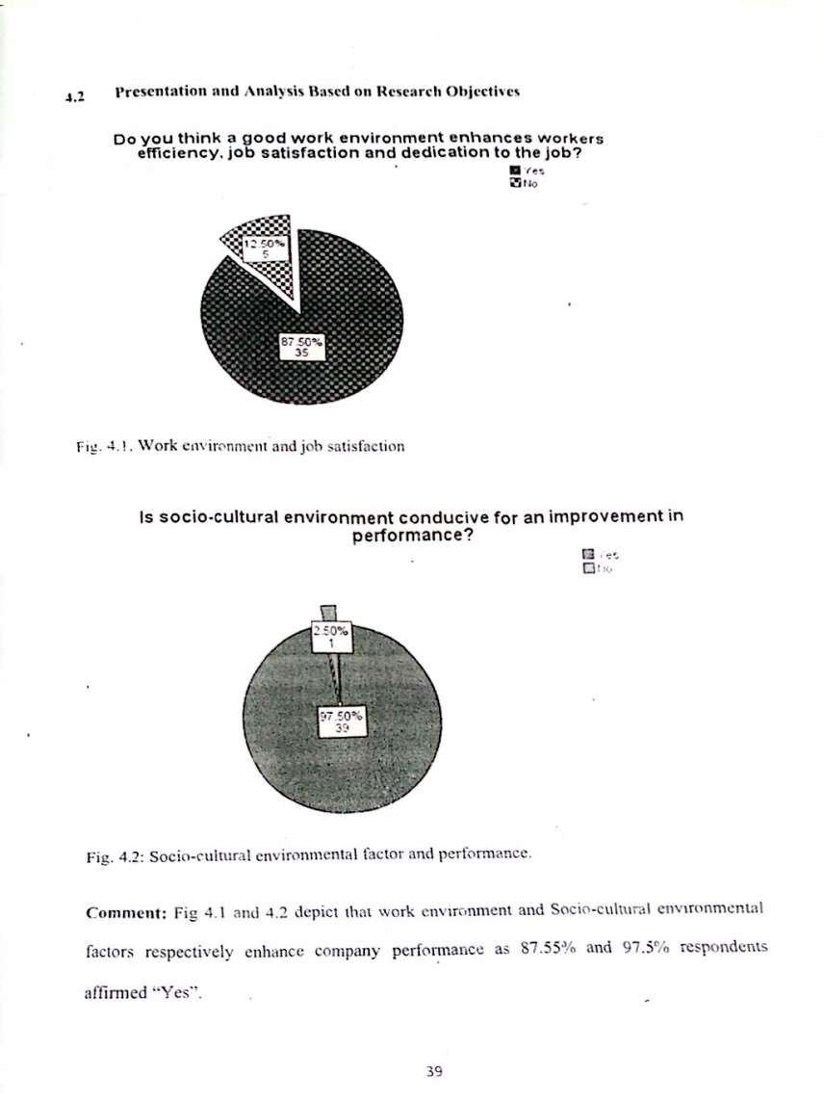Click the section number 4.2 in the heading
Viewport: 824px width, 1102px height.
coord(75,96)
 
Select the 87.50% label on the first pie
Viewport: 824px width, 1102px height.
coord(301,344)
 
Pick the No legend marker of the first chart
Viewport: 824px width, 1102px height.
coord(514,180)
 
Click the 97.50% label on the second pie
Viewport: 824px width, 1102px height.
coord(339,722)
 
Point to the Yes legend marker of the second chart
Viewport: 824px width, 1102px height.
coord(586,556)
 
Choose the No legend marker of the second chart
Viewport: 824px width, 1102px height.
coord(586,568)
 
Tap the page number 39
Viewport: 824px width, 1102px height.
coord(433,1071)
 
